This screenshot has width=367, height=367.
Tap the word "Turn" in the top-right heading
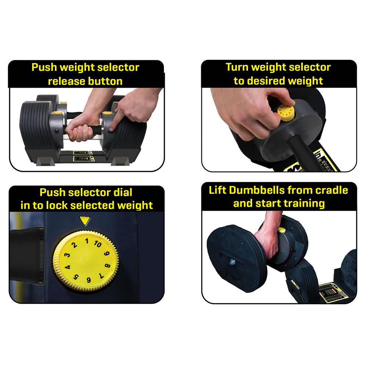tap(238, 67)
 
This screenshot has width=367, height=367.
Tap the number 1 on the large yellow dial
tap(87, 241)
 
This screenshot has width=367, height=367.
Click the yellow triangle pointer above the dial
tap(85, 221)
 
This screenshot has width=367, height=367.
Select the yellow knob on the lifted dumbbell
tap(281, 230)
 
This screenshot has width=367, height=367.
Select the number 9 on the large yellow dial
tap(107, 253)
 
